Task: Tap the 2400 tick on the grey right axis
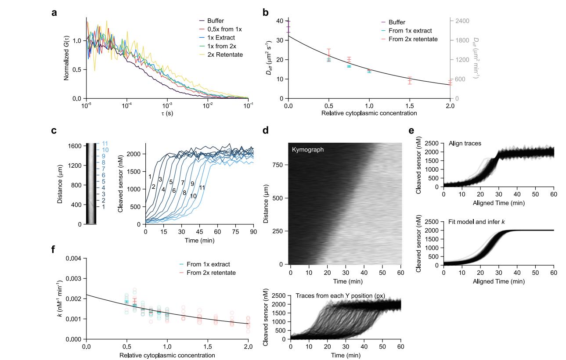coord(461,21)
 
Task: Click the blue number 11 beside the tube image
coord(105,144)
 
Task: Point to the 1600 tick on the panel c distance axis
coord(76,146)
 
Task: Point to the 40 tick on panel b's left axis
coord(279,21)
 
